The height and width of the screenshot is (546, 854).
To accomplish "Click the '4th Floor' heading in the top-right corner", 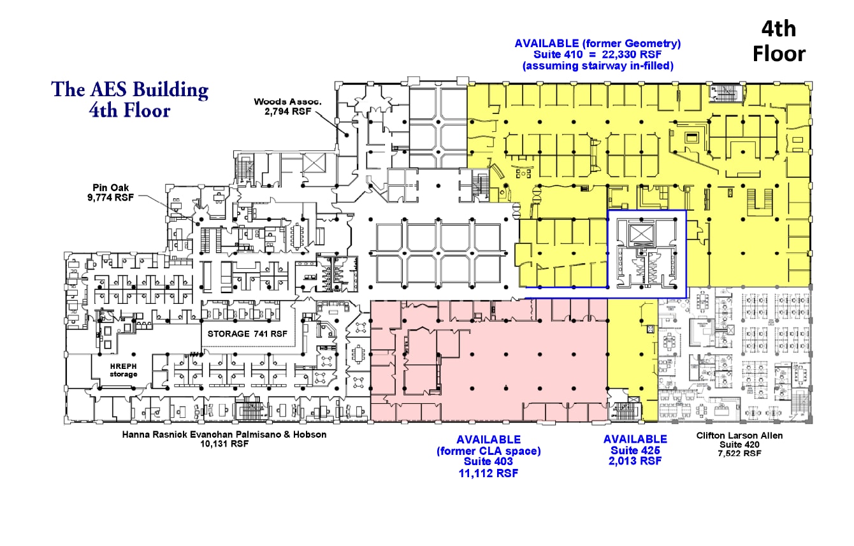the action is coord(779,41).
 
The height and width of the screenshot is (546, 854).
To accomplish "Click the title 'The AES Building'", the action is coord(129,90).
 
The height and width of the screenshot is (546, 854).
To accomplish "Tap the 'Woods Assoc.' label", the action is coord(288,102).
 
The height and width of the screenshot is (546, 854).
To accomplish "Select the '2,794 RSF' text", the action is coord(288,111).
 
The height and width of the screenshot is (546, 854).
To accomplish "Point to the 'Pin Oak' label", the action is coord(110,187).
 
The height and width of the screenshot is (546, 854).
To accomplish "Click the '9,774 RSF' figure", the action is coord(110,198).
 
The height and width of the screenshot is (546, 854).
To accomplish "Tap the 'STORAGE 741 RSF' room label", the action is coord(247,334).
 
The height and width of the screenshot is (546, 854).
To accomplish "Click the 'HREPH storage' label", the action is coord(123,370).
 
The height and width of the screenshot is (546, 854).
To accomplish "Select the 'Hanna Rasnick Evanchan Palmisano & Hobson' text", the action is coord(224,435).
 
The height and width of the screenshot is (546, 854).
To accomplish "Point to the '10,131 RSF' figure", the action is coord(224,443).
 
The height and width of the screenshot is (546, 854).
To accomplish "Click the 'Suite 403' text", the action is coord(488,461).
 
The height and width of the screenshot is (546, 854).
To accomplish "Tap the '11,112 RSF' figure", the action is coord(488,473).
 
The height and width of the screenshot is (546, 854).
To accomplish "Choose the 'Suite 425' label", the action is coord(635,450).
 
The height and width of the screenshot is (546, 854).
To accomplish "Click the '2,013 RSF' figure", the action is coord(635,461).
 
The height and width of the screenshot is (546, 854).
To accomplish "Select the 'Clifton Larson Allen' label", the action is coord(739,436).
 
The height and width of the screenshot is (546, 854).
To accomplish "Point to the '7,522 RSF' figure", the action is coord(739,454).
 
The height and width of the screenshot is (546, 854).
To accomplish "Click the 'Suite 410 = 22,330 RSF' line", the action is coord(597,55).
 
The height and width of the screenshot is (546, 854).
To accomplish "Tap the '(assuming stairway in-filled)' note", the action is coord(598,66).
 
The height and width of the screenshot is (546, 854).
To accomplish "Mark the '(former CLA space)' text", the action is coord(488,451).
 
